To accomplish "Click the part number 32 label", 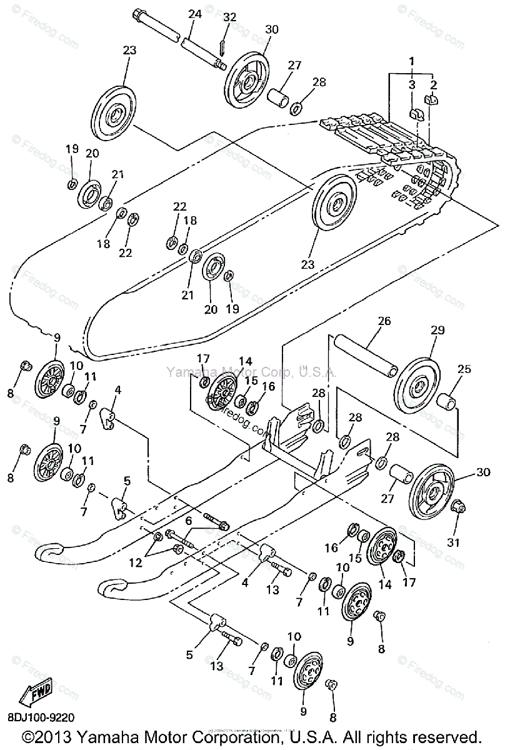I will point(230,17).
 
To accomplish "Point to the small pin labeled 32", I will point(222,47).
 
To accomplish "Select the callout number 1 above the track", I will point(411,61).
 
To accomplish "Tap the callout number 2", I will point(434,84).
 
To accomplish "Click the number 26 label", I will point(384,322).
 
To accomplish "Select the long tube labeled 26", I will point(366,356).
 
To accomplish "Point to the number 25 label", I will point(464,369).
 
